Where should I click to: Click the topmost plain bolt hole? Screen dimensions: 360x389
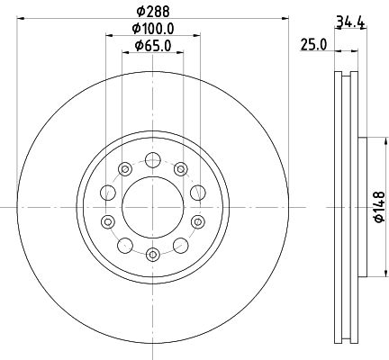point(152,159)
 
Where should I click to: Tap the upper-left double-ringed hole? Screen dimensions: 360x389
point(124,168)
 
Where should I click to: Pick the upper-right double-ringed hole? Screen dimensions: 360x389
point(180,168)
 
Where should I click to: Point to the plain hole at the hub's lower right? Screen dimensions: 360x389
point(180,244)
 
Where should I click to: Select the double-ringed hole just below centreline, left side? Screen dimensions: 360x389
point(108,221)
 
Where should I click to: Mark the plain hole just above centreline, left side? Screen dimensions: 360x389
point(108,191)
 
